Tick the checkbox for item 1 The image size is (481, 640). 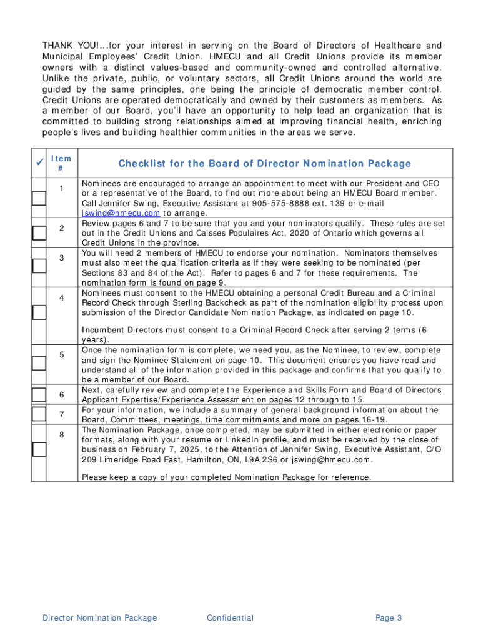click(39, 199)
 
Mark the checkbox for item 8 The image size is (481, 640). click(39, 449)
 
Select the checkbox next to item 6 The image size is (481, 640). click(39, 395)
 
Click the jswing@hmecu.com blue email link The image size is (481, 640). click(121, 213)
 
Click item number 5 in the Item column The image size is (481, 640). click(62, 355)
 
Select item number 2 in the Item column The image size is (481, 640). click(62, 228)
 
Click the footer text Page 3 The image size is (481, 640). click(389, 618)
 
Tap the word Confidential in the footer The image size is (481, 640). click(230, 618)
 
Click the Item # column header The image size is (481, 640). click(61, 164)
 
